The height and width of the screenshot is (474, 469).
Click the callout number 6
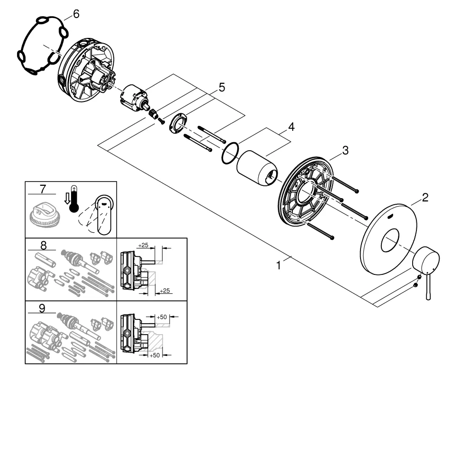(x=76, y=14)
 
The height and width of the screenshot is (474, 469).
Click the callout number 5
(x=222, y=88)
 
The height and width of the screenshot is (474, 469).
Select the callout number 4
(x=291, y=127)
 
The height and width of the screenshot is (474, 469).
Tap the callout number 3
(x=345, y=150)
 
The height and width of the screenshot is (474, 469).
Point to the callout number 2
(x=425, y=198)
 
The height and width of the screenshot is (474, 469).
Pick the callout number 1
(x=279, y=265)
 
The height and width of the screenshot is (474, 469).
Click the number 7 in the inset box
(x=43, y=189)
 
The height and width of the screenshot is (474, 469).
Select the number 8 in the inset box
(x=44, y=246)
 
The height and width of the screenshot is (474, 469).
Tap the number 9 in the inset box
(x=42, y=309)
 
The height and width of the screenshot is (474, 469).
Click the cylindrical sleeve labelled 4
(x=257, y=168)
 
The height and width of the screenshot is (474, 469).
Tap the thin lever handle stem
(x=428, y=287)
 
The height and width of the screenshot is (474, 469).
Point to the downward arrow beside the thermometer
(x=67, y=198)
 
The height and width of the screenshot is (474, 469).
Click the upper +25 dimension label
(x=143, y=245)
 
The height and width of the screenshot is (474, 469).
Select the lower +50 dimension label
(x=154, y=355)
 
